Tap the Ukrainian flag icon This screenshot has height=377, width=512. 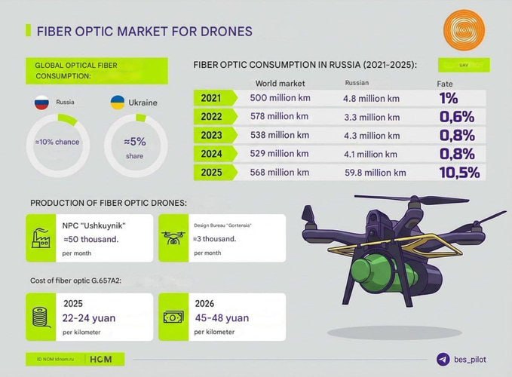point(117,101)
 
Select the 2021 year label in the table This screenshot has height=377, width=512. point(212,98)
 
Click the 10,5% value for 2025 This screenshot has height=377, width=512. point(458,173)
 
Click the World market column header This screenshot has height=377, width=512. point(281,83)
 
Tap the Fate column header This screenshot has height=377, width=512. point(446,83)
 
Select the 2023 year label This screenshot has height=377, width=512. point(212,135)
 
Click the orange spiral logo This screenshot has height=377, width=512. point(464,31)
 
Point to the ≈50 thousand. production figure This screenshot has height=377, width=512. point(91,239)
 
